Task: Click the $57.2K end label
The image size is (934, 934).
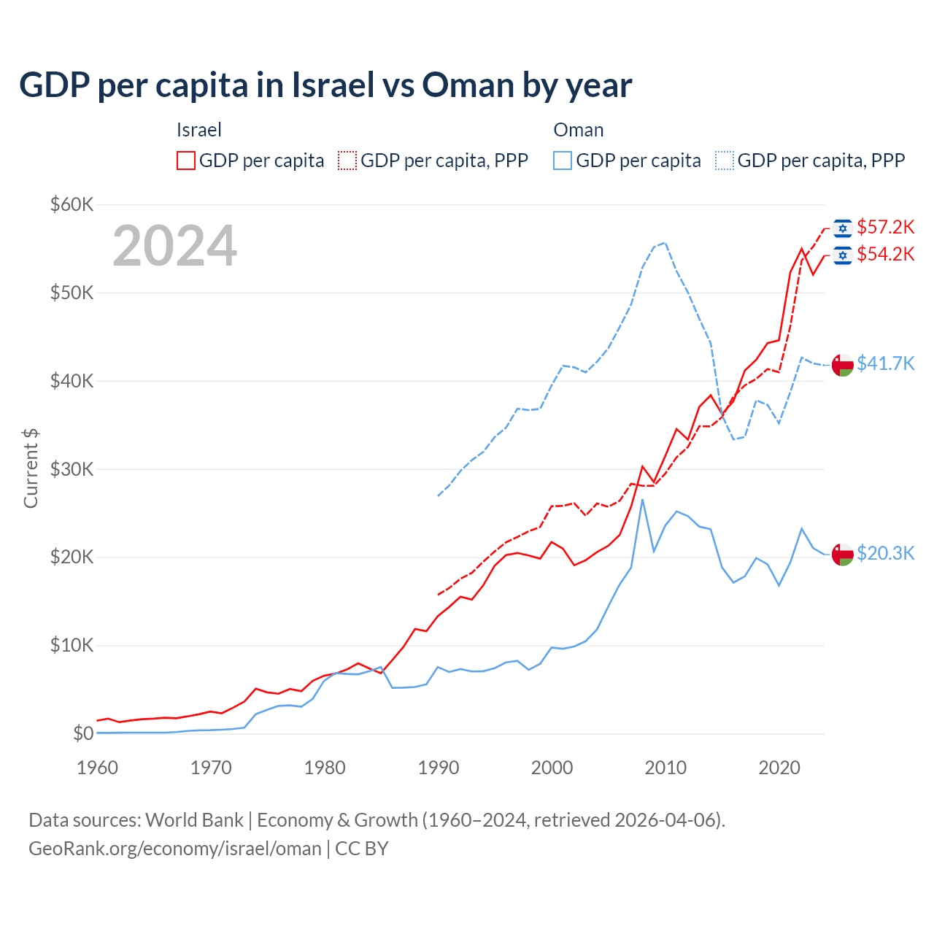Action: click(x=885, y=228)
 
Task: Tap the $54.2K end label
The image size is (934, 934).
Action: click(x=885, y=255)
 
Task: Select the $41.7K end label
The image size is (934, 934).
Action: click(x=885, y=363)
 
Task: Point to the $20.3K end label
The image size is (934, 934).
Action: click(x=885, y=554)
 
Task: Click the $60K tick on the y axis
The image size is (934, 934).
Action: click(x=72, y=204)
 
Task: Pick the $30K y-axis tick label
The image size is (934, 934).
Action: click(x=72, y=469)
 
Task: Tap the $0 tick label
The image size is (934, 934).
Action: click(x=83, y=733)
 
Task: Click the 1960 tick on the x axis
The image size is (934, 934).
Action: click(x=97, y=768)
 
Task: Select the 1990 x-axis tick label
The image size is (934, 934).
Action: click(x=439, y=768)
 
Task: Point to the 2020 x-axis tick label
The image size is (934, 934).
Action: click(x=779, y=768)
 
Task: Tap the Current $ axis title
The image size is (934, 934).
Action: click(x=31, y=468)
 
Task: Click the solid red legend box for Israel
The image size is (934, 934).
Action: click(x=186, y=161)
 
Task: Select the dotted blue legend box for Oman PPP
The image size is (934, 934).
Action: click(x=725, y=161)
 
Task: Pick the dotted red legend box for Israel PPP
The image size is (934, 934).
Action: click(x=347, y=161)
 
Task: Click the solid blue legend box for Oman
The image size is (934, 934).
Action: click(x=563, y=161)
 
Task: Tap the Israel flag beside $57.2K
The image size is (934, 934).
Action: click(x=843, y=228)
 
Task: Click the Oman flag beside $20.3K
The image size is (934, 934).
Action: click(x=843, y=555)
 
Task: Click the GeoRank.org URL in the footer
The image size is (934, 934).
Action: click(x=175, y=849)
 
